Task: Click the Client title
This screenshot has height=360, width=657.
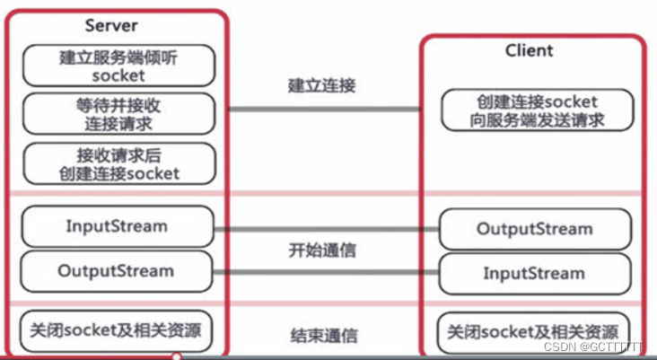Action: (530, 51)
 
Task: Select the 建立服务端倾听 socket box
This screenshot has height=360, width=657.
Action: (118, 66)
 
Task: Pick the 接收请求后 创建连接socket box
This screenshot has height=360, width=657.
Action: (118, 163)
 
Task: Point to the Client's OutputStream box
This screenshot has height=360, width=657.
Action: (535, 229)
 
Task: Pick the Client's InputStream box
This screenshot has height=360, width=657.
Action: (535, 272)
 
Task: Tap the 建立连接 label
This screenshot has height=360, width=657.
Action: (322, 86)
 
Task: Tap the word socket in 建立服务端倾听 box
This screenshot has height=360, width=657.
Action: (118, 75)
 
